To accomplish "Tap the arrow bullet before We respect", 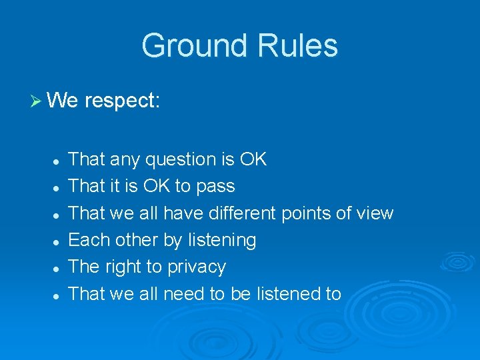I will (x=36, y=101).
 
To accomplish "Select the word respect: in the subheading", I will (x=122, y=101).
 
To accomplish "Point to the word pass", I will (x=217, y=187).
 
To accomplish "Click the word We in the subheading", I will (x=63, y=101).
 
